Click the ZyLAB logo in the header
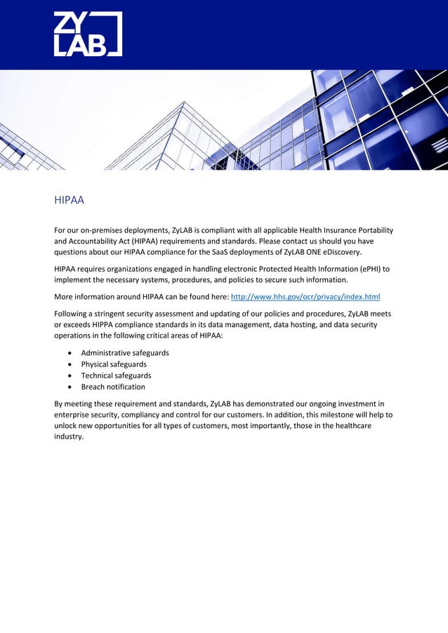tap(88, 34)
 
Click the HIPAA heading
tap(69, 201)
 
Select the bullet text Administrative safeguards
tap(124, 352)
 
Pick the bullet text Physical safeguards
tap(114, 364)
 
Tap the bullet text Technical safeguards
tap(116, 375)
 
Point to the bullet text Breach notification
tap(113, 387)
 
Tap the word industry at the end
tap(68, 437)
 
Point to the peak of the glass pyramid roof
tap(184, 102)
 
